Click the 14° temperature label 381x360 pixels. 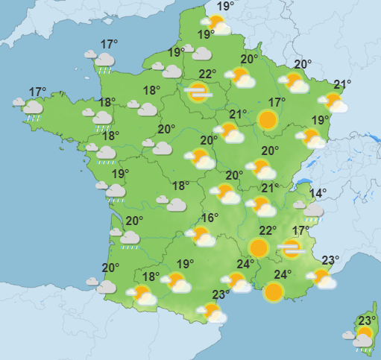[x=318, y=193]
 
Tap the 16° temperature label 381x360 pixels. [x=210, y=218]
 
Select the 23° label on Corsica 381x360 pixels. [x=365, y=321]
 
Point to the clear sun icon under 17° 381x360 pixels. [x=268, y=119]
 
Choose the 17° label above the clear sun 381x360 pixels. [x=277, y=102]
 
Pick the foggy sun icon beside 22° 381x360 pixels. [x=198, y=92]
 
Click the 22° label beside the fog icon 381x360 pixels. [x=208, y=74]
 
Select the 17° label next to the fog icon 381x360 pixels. [x=300, y=231]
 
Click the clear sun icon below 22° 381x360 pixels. [x=259, y=247]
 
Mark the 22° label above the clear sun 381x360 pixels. [x=268, y=231]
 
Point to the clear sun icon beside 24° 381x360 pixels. [x=275, y=291]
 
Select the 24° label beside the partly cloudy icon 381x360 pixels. [x=245, y=264]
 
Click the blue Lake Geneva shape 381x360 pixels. [x=304, y=181]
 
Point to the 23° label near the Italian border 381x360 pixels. [x=330, y=260]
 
